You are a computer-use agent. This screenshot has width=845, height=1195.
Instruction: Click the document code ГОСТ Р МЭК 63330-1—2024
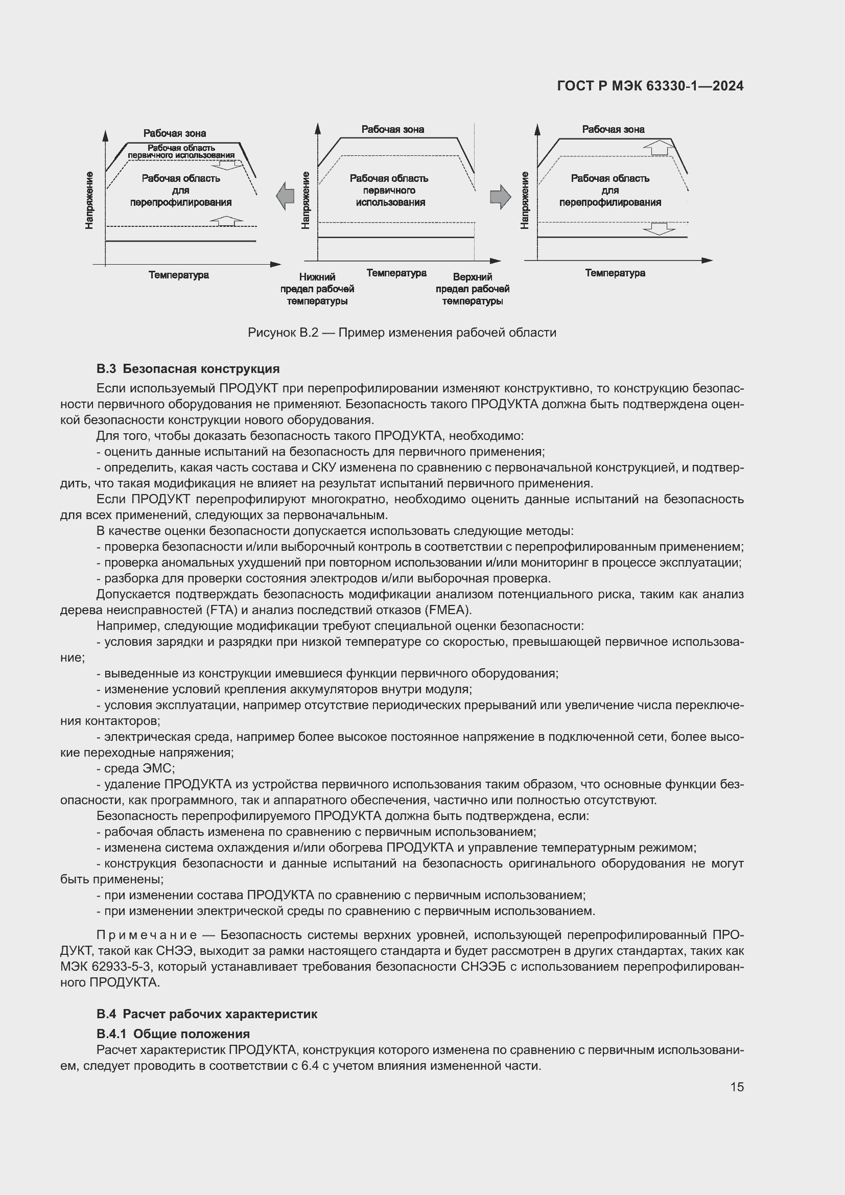tap(650, 86)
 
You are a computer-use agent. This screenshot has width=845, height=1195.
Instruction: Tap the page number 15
tap(737, 1087)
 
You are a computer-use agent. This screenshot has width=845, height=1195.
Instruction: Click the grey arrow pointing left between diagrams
tap(285, 196)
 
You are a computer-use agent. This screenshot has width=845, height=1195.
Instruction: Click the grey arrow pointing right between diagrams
tap(501, 196)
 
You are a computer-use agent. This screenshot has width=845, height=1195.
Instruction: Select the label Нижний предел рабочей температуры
tap(317, 289)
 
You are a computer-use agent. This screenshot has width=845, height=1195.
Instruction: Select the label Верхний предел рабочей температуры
tap(472, 289)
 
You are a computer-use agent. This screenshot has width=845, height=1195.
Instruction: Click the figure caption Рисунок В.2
tap(402, 333)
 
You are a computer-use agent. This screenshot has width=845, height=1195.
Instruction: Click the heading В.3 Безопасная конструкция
tap(188, 369)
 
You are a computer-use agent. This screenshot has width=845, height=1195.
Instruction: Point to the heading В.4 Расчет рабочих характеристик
tap(206, 1014)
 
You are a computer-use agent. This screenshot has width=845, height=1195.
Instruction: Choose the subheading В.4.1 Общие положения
tap(173, 1034)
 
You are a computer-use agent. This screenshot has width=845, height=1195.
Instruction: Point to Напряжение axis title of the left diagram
tap(89, 200)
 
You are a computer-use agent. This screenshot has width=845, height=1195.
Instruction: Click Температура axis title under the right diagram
tap(615, 273)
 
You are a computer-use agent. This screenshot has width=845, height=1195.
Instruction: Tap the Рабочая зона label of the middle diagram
tap(393, 129)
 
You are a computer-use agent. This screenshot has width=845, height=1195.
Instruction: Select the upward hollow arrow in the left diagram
tap(226, 220)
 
